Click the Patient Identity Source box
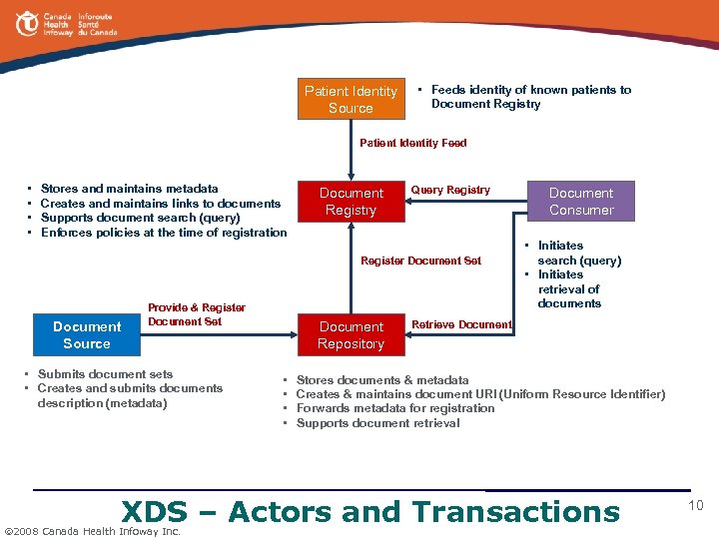(351, 99)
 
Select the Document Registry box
(351, 201)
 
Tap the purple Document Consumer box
(581, 201)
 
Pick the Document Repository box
(351, 334)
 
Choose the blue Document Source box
(87, 334)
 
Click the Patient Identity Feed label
(412, 143)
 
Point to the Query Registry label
(450, 190)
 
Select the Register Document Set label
(420, 261)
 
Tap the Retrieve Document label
(461, 324)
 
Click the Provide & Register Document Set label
(196, 314)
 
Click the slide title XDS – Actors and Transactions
(369, 512)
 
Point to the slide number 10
(696, 506)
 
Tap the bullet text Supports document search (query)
(140, 218)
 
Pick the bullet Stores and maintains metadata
(129, 188)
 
